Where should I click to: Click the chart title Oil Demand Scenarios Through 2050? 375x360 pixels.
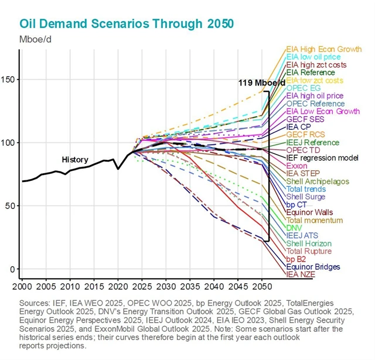[127, 23]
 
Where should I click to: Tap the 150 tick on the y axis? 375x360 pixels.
[10, 80]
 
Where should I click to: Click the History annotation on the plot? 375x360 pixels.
[75, 160]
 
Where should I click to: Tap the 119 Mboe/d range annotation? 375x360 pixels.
[261, 83]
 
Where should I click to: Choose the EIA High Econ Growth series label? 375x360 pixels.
[323, 49]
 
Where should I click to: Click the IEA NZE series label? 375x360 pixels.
[301, 274]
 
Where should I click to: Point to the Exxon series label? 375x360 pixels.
[297, 166]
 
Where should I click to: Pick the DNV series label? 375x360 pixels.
[294, 228]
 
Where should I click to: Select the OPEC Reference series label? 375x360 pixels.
[315, 103]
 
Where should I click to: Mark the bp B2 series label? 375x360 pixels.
[297, 259]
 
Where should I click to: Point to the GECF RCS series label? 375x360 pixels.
[305, 134]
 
